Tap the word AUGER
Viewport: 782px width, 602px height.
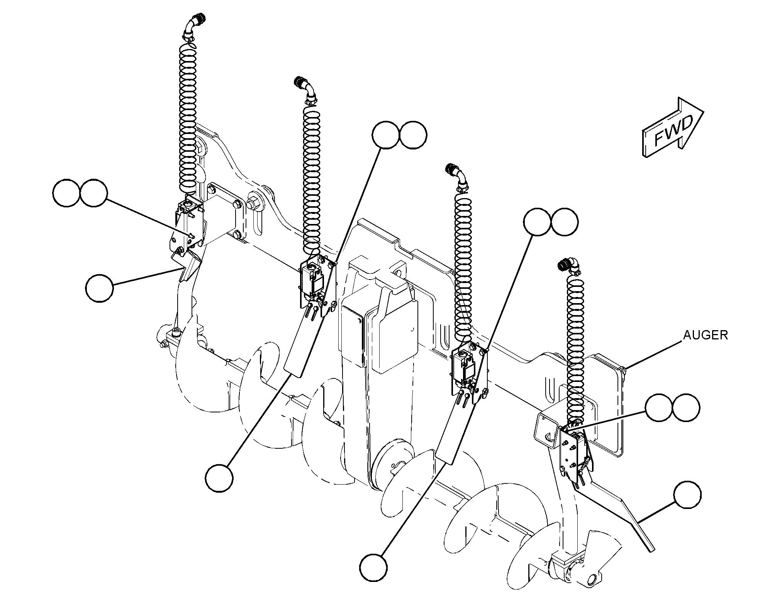point(706,335)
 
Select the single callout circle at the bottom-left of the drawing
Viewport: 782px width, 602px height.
point(219,478)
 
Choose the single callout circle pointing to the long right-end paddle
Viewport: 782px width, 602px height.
point(687,495)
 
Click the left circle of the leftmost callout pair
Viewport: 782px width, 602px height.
point(66,193)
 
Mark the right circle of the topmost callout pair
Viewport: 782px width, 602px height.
point(413,135)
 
